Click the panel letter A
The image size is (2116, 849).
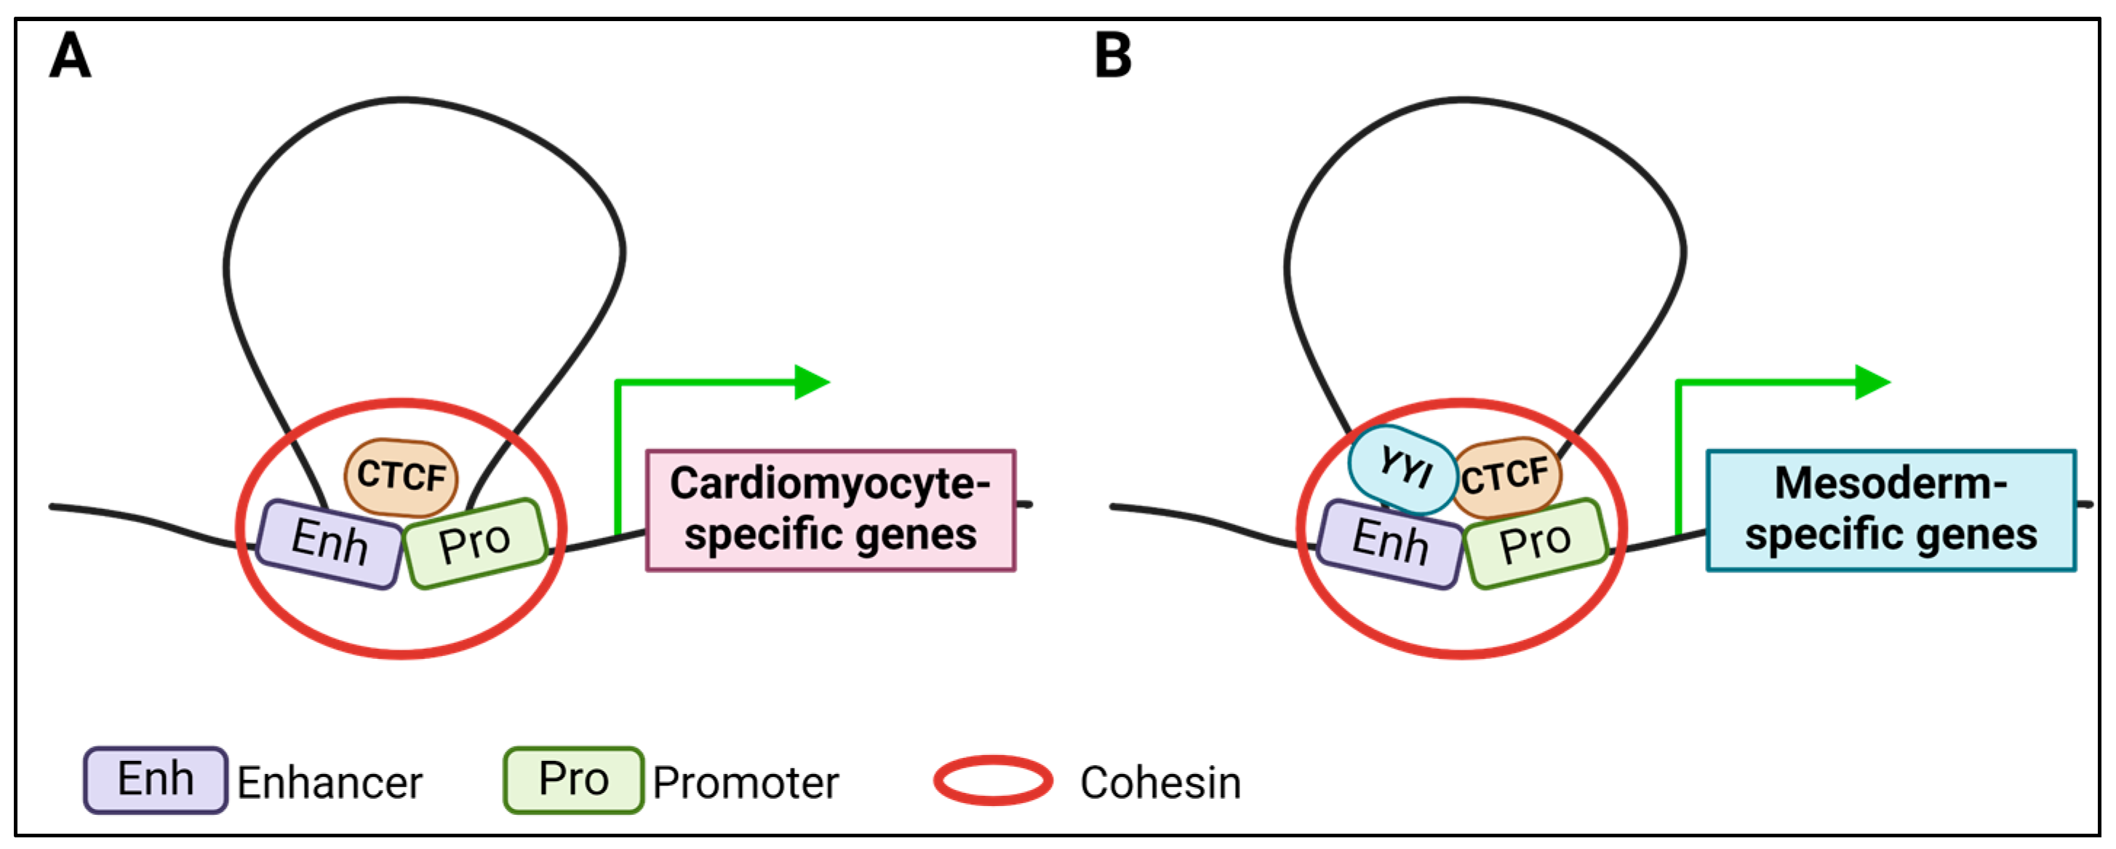(x=70, y=56)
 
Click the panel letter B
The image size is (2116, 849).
(x=1113, y=56)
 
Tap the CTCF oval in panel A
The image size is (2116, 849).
(x=401, y=477)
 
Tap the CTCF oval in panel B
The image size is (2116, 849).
(x=1505, y=477)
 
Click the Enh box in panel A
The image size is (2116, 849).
(x=330, y=543)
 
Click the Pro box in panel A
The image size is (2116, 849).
(x=475, y=543)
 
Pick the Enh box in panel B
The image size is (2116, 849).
(x=1390, y=543)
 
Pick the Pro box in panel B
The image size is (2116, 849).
(x=1534, y=543)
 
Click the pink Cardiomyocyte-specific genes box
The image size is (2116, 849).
(x=831, y=510)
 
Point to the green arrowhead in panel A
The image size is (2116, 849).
(x=812, y=382)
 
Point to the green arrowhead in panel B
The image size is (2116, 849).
(x=1872, y=382)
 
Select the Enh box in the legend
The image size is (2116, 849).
(x=155, y=779)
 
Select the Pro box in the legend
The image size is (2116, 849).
(x=573, y=779)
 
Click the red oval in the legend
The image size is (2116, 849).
(x=993, y=780)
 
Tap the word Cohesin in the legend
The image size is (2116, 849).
(x=1160, y=783)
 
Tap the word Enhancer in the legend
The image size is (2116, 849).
(x=330, y=783)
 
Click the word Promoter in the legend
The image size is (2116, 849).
(x=745, y=783)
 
